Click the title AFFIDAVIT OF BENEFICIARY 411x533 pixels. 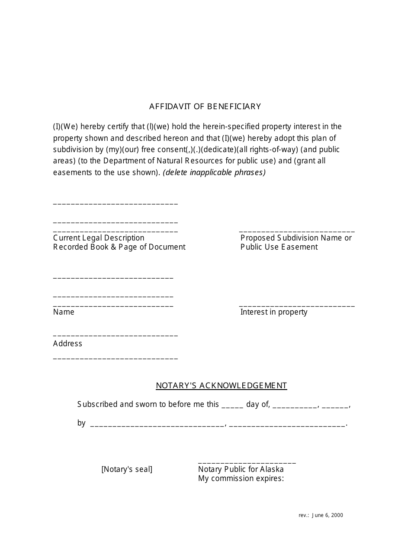205,107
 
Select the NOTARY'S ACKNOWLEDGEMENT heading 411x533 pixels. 221,386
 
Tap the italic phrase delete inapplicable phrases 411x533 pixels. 214,172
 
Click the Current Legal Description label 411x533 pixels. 99,238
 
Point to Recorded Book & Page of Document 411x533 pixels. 119,247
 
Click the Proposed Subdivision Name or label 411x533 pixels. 296,238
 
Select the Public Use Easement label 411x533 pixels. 279,247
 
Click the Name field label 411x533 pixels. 64,312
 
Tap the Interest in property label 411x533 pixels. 274,312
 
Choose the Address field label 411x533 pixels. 67,344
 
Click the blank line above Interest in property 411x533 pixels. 297,306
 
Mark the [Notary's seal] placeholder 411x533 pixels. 127,469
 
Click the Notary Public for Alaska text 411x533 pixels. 241,469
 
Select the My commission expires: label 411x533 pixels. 241,478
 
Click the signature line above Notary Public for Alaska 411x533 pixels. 247,462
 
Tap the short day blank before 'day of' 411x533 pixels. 232,406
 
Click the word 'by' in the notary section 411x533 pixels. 81,423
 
